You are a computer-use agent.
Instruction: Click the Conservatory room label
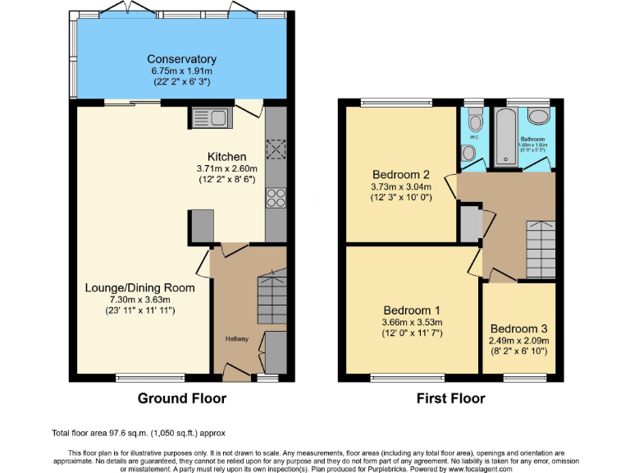(181, 59)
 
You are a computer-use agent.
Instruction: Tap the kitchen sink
(209, 118)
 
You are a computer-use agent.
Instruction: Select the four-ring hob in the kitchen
(275, 198)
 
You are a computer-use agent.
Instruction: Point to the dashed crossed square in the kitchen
(275, 148)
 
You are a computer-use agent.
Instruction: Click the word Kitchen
(226, 157)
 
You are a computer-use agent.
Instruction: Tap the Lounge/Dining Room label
(139, 287)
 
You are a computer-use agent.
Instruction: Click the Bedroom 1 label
(413, 310)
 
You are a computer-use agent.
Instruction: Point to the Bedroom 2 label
(400, 175)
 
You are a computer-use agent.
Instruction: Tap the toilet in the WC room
(474, 123)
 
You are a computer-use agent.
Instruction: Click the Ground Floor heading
(181, 398)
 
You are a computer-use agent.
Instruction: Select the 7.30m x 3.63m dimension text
(139, 299)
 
